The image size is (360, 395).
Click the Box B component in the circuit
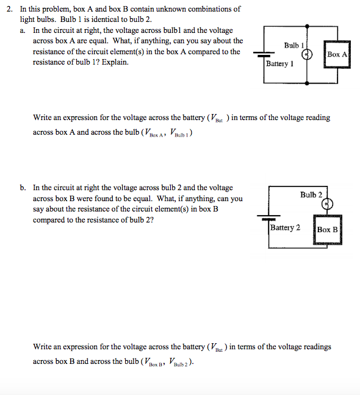[x=328, y=229]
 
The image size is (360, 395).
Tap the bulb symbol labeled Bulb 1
[x=309, y=54]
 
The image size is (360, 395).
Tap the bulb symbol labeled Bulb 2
[x=328, y=204]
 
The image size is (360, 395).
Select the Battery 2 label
[x=286, y=227]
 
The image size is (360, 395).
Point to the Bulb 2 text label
[x=311, y=194]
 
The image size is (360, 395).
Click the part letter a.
[x=22, y=29]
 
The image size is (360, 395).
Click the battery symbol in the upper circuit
[x=265, y=55]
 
